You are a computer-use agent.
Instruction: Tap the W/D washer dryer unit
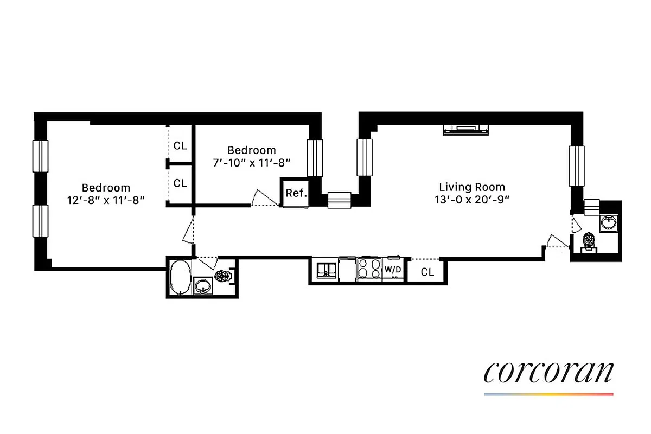(x=392, y=269)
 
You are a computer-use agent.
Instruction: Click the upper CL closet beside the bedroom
(x=180, y=145)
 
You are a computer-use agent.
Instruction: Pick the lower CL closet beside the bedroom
(x=180, y=183)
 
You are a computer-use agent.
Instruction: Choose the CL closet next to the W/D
(x=427, y=271)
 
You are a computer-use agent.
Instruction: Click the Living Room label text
(x=470, y=187)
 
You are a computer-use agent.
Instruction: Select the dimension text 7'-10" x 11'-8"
(x=252, y=162)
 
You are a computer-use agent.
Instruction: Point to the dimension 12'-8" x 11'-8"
(x=106, y=200)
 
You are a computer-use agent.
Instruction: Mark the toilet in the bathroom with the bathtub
(x=223, y=276)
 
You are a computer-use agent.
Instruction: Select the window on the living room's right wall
(x=576, y=165)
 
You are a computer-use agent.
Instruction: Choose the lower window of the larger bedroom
(x=41, y=221)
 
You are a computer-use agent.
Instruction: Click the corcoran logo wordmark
(x=548, y=372)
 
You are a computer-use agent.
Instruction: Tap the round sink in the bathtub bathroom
(x=203, y=286)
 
